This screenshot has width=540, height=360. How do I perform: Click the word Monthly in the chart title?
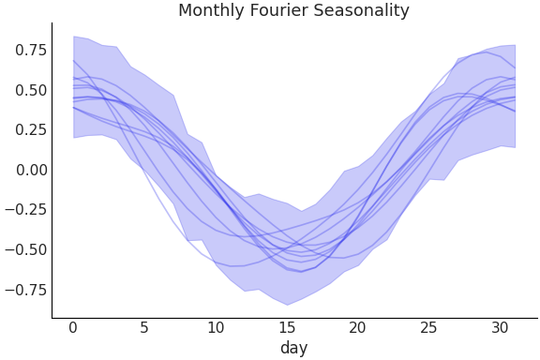tap(211, 11)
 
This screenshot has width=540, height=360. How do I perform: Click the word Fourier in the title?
tap(277, 11)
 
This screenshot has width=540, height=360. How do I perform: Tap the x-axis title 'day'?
tap(293, 348)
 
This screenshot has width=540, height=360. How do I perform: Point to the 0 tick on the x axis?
tap(73, 327)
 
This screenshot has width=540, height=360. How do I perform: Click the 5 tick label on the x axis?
tap(144, 327)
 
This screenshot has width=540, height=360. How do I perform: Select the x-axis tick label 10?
tap(216, 327)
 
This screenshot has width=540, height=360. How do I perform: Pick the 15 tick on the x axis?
tap(287, 327)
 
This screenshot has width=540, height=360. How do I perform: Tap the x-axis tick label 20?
tap(358, 327)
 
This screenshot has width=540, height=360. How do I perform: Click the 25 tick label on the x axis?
tap(429, 327)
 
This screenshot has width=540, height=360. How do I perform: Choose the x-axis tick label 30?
tap(501, 327)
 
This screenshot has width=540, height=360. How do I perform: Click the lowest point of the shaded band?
tap(287, 305)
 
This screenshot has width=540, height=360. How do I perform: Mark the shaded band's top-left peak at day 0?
tap(73, 37)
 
